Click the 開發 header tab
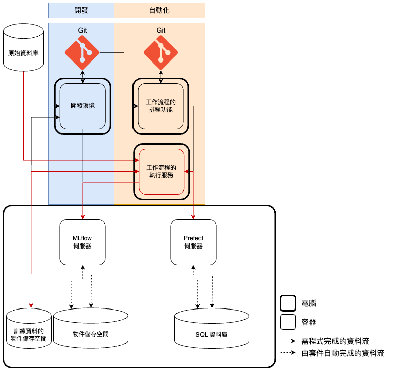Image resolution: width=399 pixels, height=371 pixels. click(81, 10)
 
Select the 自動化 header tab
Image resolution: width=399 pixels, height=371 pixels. click(159, 10)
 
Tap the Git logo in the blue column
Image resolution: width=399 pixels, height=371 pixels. click(83, 53)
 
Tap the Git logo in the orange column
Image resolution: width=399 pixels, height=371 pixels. click(161, 53)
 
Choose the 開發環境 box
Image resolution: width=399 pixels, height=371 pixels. click(83, 106)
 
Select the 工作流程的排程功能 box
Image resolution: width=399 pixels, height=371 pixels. click(161, 106)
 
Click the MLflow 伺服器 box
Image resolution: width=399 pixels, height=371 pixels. click(83, 242)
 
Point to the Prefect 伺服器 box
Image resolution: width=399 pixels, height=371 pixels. click(193, 242)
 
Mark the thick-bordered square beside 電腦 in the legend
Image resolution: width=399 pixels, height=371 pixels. click(288, 303)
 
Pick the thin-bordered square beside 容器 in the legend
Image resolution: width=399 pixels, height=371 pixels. click(288, 322)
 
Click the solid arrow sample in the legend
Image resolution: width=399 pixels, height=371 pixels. click(288, 341)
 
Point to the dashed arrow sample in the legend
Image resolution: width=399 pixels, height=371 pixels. click(288, 353)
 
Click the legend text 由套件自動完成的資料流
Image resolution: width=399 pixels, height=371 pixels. click(343, 353)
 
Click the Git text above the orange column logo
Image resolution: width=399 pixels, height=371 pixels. click(161, 30)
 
